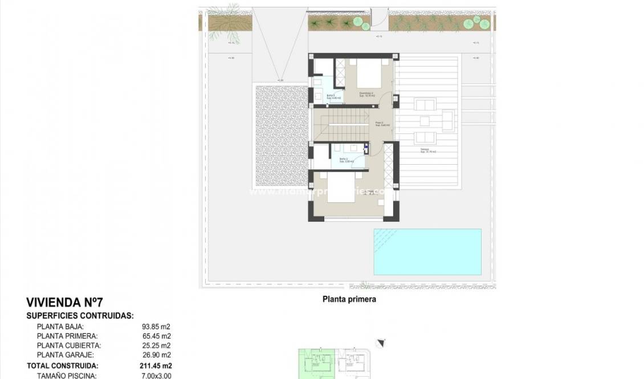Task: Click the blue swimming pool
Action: [x=427, y=252]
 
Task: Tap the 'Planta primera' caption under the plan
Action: [x=349, y=299]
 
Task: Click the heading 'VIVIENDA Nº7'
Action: [x=64, y=303]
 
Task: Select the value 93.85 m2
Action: [x=156, y=327]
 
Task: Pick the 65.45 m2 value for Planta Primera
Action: [x=156, y=336]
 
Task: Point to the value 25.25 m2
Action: [x=156, y=345]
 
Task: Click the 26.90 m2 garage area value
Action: [x=156, y=354]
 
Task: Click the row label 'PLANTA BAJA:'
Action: [x=60, y=327]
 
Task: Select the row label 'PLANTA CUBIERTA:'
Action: [x=69, y=345]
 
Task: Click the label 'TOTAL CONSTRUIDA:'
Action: [x=62, y=365]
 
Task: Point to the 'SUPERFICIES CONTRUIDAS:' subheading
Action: [x=80, y=315]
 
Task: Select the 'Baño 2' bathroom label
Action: [x=344, y=160]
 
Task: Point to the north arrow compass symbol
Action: [x=381, y=343]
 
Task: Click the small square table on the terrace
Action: [x=424, y=121]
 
